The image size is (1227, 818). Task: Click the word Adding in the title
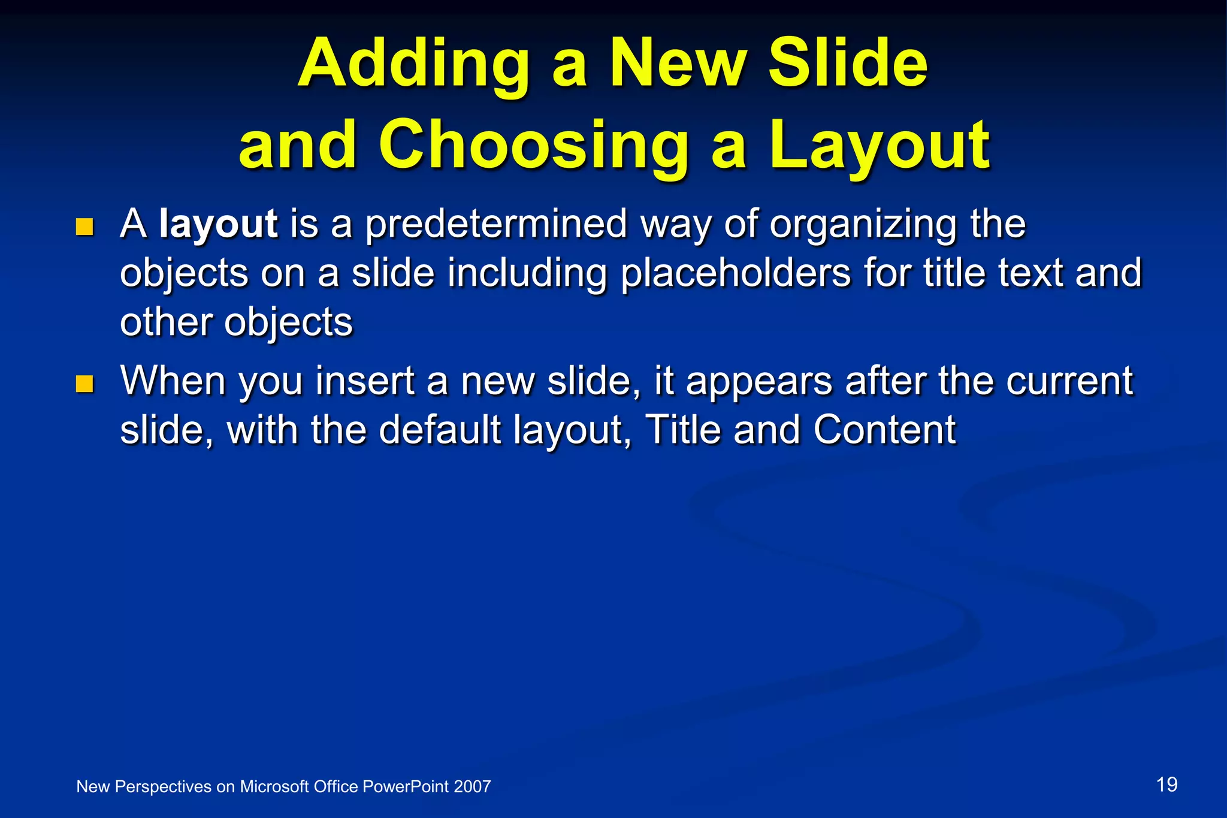click(x=413, y=65)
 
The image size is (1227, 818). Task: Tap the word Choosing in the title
click(x=533, y=146)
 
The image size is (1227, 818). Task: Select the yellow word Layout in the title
click(x=880, y=146)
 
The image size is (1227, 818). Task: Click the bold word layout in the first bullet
click(x=218, y=224)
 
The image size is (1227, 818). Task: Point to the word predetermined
click(x=496, y=224)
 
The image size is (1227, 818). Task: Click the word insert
click(x=365, y=381)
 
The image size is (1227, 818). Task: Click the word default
click(x=440, y=430)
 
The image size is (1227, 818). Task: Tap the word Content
click(x=884, y=430)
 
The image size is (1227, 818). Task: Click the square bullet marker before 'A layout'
click(x=85, y=227)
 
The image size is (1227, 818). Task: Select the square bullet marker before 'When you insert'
click(x=85, y=384)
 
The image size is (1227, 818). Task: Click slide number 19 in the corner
click(x=1166, y=784)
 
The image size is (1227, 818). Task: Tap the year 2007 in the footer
click(x=472, y=787)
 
